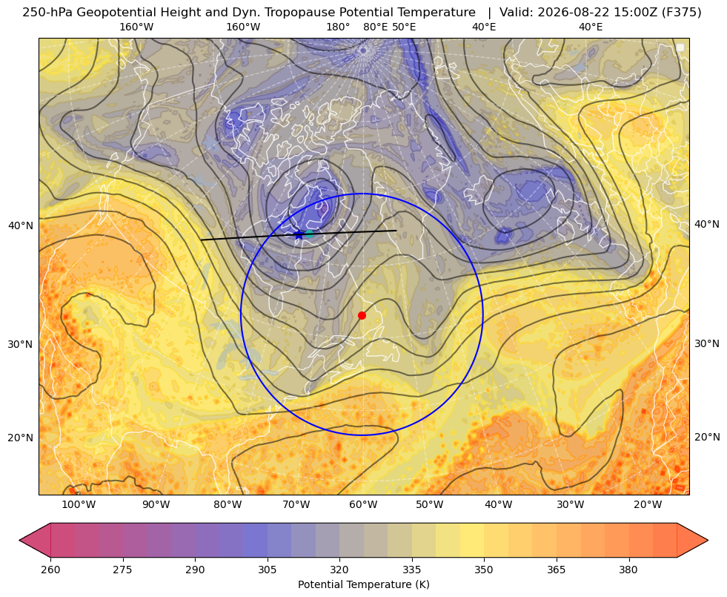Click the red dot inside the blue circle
coord(362,315)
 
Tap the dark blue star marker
coord(299,234)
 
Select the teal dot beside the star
coord(309,234)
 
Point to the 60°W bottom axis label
coord(363,504)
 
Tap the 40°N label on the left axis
coord(21,225)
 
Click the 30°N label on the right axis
coord(707,343)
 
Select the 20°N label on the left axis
coord(21,437)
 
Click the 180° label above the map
coord(339,27)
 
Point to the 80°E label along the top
coord(376,27)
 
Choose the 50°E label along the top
coord(404,27)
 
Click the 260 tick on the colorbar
coord(50,569)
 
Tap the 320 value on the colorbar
coord(339,569)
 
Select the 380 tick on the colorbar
coord(628,569)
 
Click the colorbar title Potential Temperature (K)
coord(363,584)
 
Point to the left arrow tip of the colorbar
coord(19,540)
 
